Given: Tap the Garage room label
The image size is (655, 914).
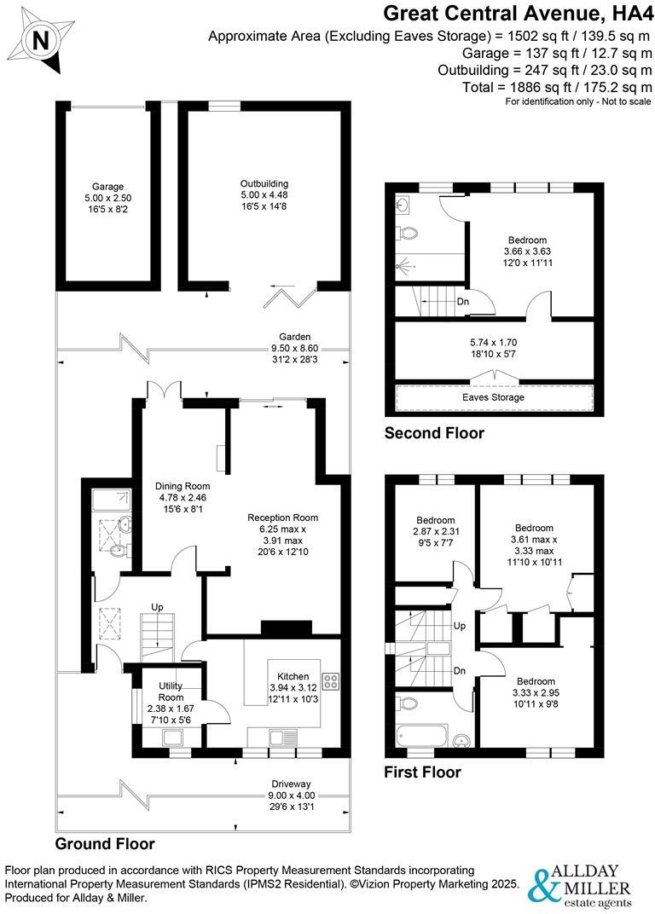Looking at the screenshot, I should click(x=108, y=186).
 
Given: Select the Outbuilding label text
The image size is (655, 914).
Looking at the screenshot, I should click(x=264, y=183).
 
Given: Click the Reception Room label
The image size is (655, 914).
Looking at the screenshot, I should click(x=282, y=518).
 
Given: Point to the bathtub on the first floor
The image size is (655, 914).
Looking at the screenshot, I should click(x=422, y=734).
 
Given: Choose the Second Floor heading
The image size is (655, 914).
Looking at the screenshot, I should click(x=434, y=433).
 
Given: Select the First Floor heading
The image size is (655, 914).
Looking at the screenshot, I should click(x=423, y=772).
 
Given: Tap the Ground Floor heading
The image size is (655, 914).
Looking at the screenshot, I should click(x=105, y=844).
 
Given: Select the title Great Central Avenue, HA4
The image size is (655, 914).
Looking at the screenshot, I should click(x=517, y=13).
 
